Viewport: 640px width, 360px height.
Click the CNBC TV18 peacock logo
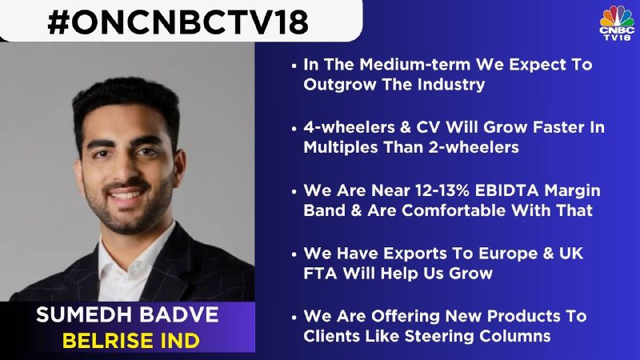[617, 23]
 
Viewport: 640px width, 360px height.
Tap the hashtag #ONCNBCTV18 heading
[178, 22]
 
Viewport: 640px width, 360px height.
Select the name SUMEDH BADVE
[127, 314]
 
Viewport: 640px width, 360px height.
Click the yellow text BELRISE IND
[130, 341]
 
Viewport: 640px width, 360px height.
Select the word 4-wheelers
[349, 127]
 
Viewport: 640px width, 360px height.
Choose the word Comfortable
[454, 210]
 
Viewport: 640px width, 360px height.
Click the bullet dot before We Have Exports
[294, 254]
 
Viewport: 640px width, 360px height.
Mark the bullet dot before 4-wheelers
[294, 128]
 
